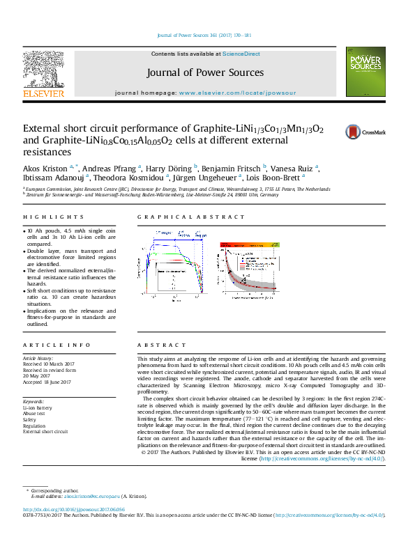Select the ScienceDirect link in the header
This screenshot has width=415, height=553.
coord(241,54)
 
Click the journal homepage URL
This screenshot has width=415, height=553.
coord(237,92)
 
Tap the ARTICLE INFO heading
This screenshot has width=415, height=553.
coord(47,345)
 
